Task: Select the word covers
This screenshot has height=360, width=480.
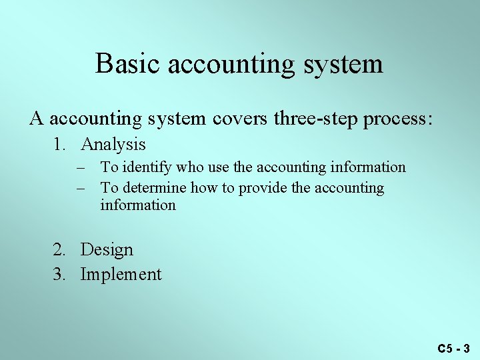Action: pos(238,119)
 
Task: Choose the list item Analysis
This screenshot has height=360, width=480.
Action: pos(113,144)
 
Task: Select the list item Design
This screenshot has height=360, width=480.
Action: pos(107,250)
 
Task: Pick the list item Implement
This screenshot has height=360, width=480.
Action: pos(121,274)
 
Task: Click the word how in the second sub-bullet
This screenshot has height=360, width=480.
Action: pos(203,188)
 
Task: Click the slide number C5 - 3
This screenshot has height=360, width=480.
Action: pos(454,348)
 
